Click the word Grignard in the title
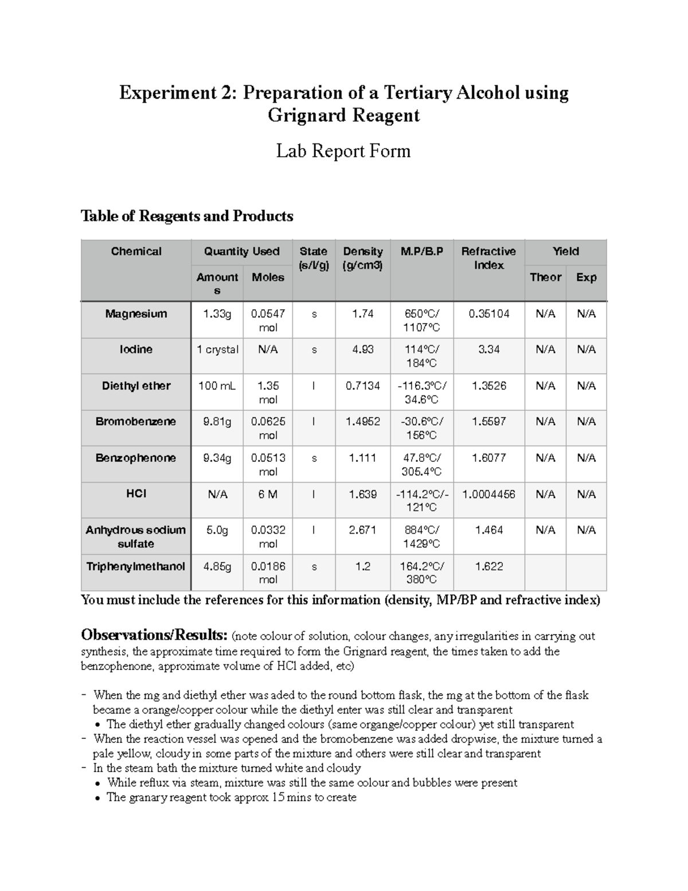pyautogui.click(x=307, y=115)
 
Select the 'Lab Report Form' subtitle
pyautogui.click(x=343, y=151)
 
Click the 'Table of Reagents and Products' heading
pyautogui.click(x=187, y=216)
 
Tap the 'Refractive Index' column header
pyautogui.click(x=488, y=258)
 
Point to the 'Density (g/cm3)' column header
pyautogui.click(x=362, y=258)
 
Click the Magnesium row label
pyautogui.click(x=136, y=314)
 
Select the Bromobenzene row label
pyautogui.click(x=136, y=422)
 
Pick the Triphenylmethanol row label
pyautogui.click(x=136, y=566)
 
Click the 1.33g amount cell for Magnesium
pyautogui.click(x=217, y=314)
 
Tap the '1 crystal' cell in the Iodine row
pyautogui.click(x=217, y=349)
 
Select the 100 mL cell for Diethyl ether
pyautogui.click(x=217, y=386)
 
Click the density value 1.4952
pyautogui.click(x=362, y=422)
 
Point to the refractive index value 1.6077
pyautogui.click(x=488, y=458)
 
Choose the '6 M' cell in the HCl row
pyautogui.click(x=267, y=494)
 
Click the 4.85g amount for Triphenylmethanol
pyautogui.click(x=217, y=566)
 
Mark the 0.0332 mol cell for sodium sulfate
pyautogui.click(x=267, y=536)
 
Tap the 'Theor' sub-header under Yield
pyautogui.click(x=545, y=277)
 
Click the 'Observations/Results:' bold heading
pyautogui.click(x=154, y=635)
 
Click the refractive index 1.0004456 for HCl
pyautogui.click(x=488, y=494)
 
